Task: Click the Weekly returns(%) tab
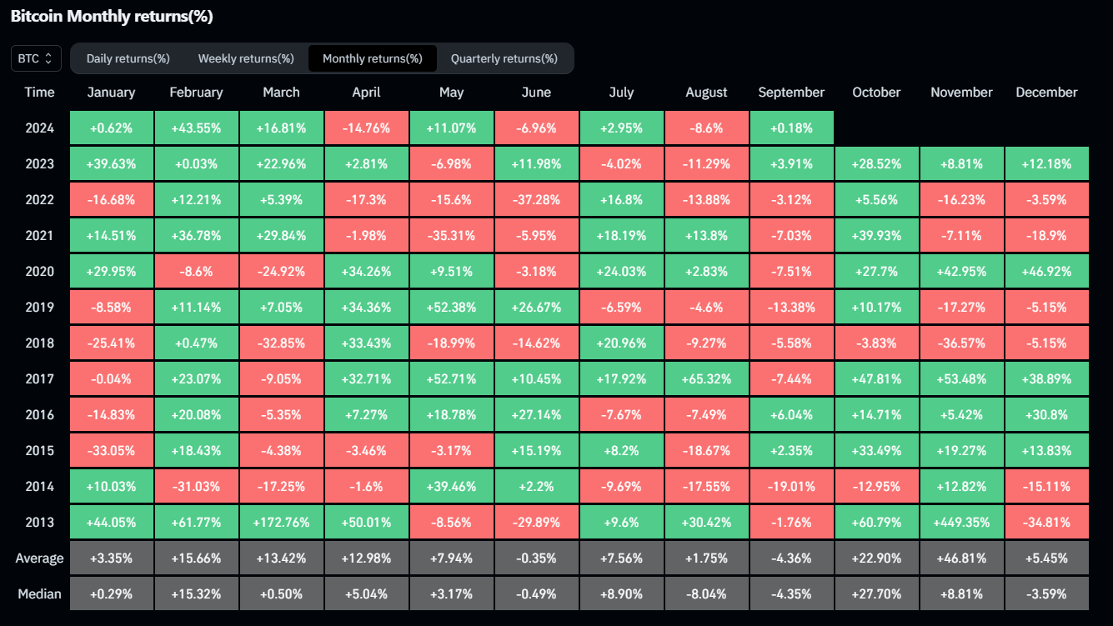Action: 246,58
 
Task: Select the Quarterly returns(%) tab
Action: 504,58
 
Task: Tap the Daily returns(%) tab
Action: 128,58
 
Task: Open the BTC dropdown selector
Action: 36,58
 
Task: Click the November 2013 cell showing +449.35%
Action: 961,523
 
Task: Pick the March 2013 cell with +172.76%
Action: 281,523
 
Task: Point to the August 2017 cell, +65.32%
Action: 706,379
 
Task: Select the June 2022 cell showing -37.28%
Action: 536,200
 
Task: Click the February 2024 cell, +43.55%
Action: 196,128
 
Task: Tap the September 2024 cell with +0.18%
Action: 791,128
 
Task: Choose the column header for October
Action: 876,93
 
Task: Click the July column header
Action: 621,93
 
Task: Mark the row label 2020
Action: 39,272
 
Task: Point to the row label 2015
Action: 39,451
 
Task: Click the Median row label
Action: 39,594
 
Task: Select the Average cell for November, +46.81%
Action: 961,558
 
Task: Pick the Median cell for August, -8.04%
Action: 706,594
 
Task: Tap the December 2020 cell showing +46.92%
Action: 1046,272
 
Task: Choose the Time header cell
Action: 39,93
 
